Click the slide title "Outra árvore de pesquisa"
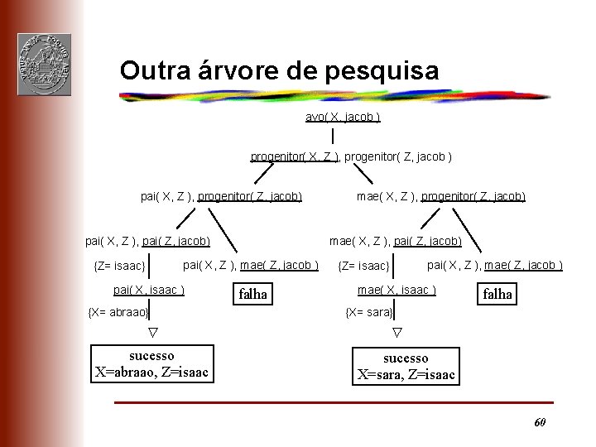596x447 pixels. (x=279, y=70)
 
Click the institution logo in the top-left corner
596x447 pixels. (x=44, y=64)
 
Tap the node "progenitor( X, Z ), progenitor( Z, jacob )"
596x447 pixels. (x=351, y=156)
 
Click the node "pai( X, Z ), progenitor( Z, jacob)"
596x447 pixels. (x=221, y=196)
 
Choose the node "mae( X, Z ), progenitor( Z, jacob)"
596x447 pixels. (x=440, y=196)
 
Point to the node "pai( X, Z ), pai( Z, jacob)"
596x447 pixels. (x=148, y=241)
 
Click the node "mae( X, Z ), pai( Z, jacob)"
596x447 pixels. (x=396, y=241)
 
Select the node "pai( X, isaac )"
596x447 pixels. (x=149, y=290)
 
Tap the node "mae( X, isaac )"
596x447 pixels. (x=397, y=290)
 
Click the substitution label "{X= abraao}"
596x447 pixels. (x=118, y=312)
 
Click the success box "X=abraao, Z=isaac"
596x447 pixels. (x=151, y=364)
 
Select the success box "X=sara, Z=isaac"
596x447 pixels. (x=406, y=366)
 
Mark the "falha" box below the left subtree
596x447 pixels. (x=252, y=293)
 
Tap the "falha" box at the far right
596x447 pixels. (x=497, y=293)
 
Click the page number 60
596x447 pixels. (x=539, y=422)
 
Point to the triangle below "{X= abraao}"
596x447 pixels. (x=151, y=333)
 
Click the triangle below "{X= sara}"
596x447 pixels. (x=396, y=333)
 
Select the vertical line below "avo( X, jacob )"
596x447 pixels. (x=332, y=135)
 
